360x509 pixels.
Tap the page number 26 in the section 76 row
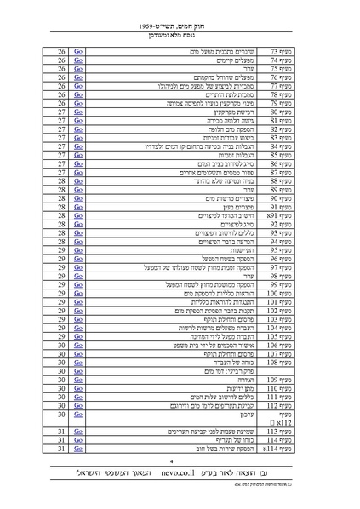62,77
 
